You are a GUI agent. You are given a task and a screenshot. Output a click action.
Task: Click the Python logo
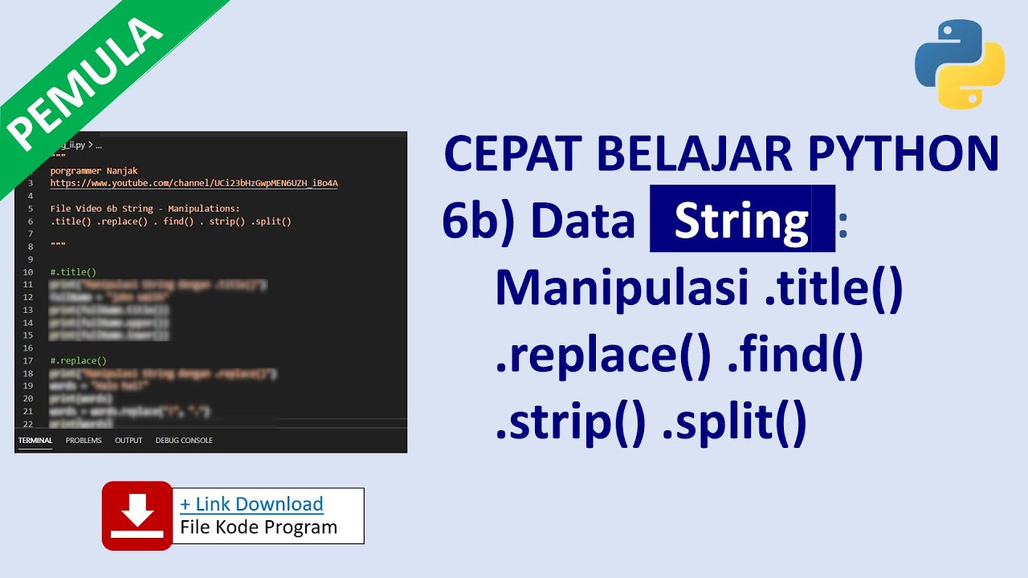point(960,65)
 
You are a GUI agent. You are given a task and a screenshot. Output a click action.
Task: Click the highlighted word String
point(740,220)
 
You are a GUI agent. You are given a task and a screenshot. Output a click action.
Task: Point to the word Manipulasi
point(622,288)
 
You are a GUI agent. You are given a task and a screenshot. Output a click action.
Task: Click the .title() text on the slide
point(831,288)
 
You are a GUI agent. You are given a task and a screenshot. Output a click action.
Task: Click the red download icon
point(137,515)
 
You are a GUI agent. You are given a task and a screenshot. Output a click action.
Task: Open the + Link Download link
point(251,504)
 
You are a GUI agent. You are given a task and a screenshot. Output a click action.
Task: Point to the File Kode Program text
point(259,527)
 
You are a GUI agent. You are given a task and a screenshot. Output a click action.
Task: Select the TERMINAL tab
point(35,440)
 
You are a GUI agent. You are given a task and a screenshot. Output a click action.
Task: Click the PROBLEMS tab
point(84,440)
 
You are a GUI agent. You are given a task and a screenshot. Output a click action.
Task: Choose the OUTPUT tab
point(128,440)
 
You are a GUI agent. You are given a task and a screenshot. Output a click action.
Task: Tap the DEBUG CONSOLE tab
point(184,440)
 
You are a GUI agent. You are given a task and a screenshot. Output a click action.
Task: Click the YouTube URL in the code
point(194,183)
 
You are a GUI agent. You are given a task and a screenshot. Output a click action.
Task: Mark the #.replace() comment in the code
point(78,361)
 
